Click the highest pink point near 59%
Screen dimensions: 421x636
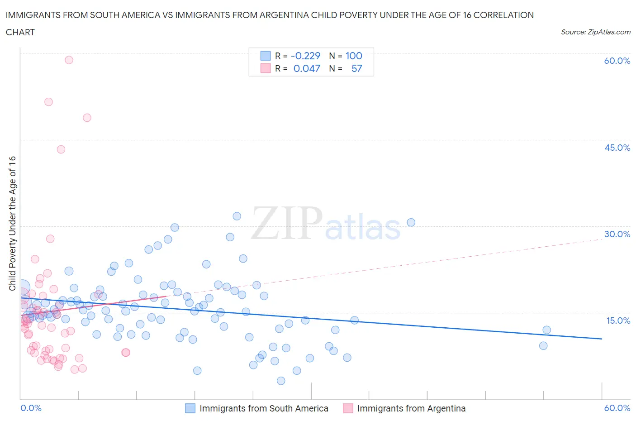(69, 60)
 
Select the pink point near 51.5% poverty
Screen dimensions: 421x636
(48, 102)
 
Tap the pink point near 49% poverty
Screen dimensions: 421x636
(87, 118)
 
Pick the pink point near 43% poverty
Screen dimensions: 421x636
(61, 149)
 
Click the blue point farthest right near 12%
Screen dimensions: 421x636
(546, 330)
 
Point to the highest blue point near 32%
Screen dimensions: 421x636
(237, 216)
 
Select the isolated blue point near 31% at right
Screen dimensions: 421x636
(411, 222)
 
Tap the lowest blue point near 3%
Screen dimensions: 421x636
(281, 381)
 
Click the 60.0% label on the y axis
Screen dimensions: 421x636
(617, 61)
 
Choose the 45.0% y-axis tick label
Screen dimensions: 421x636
(617, 148)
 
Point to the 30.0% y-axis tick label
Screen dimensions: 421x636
(617, 234)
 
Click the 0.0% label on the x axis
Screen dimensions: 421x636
(31, 408)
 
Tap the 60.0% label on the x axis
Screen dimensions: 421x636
(617, 408)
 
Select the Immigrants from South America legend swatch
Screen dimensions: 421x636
(190, 408)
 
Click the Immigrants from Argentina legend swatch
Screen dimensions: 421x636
(348, 408)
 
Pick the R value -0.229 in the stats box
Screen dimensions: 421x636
(305, 56)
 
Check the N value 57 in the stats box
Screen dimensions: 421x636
(356, 68)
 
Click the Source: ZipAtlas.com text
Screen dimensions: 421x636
(595, 32)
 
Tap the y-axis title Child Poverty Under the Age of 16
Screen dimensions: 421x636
(12, 223)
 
